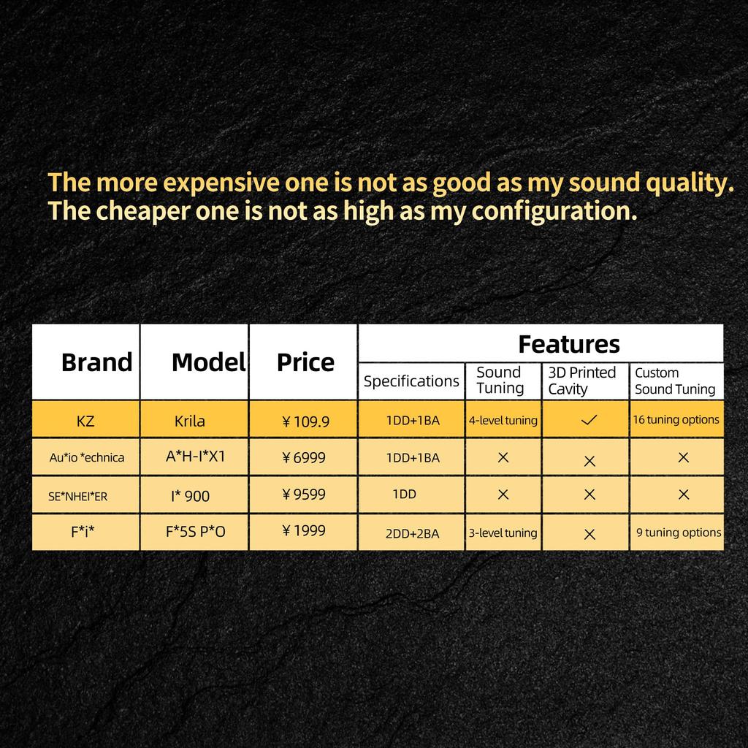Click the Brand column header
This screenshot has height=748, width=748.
click(x=97, y=362)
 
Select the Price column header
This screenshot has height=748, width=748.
click(x=305, y=362)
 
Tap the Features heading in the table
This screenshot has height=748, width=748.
click(x=568, y=344)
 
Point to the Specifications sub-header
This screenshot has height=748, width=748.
click(x=411, y=381)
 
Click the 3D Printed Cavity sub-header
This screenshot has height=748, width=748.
click(x=582, y=381)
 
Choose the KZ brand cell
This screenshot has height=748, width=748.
click(x=85, y=421)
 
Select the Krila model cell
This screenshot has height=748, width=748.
click(x=189, y=421)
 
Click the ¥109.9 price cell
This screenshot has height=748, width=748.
click(x=306, y=421)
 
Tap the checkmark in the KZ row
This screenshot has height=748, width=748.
click(x=589, y=420)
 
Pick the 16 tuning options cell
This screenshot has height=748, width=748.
click(x=676, y=420)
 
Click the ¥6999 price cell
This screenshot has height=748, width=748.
click(x=304, y=457)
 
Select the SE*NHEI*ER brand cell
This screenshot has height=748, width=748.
click(x=77, y=496)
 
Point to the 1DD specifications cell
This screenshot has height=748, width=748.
click(x=405, y=495)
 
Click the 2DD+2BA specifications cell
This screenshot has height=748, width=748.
click(x=412, y=533)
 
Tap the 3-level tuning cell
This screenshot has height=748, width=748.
click(x=503, y=533)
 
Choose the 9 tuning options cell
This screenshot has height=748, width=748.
click(x=679, y=533)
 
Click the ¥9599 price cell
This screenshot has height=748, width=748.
click(x=304, y=495)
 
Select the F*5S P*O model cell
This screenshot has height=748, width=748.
click(x=196, y=532)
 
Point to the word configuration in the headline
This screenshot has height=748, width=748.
click(x=554, y=212)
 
